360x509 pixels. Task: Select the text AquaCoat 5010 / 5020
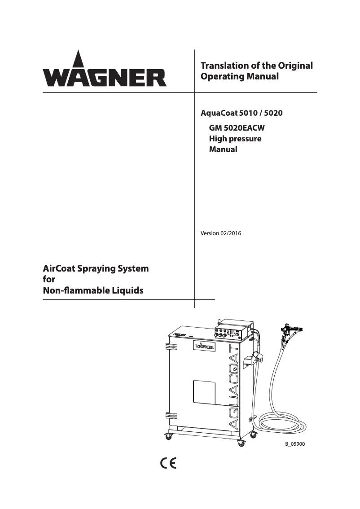point(241,113)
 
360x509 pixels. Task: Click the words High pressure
point(235,139)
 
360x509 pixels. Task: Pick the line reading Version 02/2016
point(221,233)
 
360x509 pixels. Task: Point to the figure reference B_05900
point(295,444)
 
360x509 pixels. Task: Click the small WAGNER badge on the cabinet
point(204,346)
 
